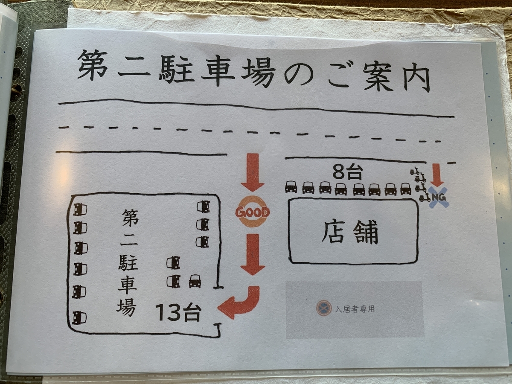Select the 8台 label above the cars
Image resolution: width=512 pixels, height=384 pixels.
[x=348, y=172]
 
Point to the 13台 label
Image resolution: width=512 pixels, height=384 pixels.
[x=178, y=312]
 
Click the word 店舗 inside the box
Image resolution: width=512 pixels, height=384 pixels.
[x=349, y=232]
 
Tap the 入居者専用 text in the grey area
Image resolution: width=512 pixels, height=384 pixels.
[x=355, y=309]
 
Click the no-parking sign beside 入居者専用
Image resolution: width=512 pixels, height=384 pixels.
[x=324, y=308]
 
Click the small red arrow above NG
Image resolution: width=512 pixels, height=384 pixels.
[x=438, y=175]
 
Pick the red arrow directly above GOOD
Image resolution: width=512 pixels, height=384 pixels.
[x=253, y=172]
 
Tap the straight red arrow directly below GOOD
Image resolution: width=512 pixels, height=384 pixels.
[x=253, y=255]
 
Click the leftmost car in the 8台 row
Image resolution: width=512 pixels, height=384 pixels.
[x=291, y=187]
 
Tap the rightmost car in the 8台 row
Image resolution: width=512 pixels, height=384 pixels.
[x=406, y=189]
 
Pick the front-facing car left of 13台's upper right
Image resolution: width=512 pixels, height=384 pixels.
[x=195, y=281]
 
